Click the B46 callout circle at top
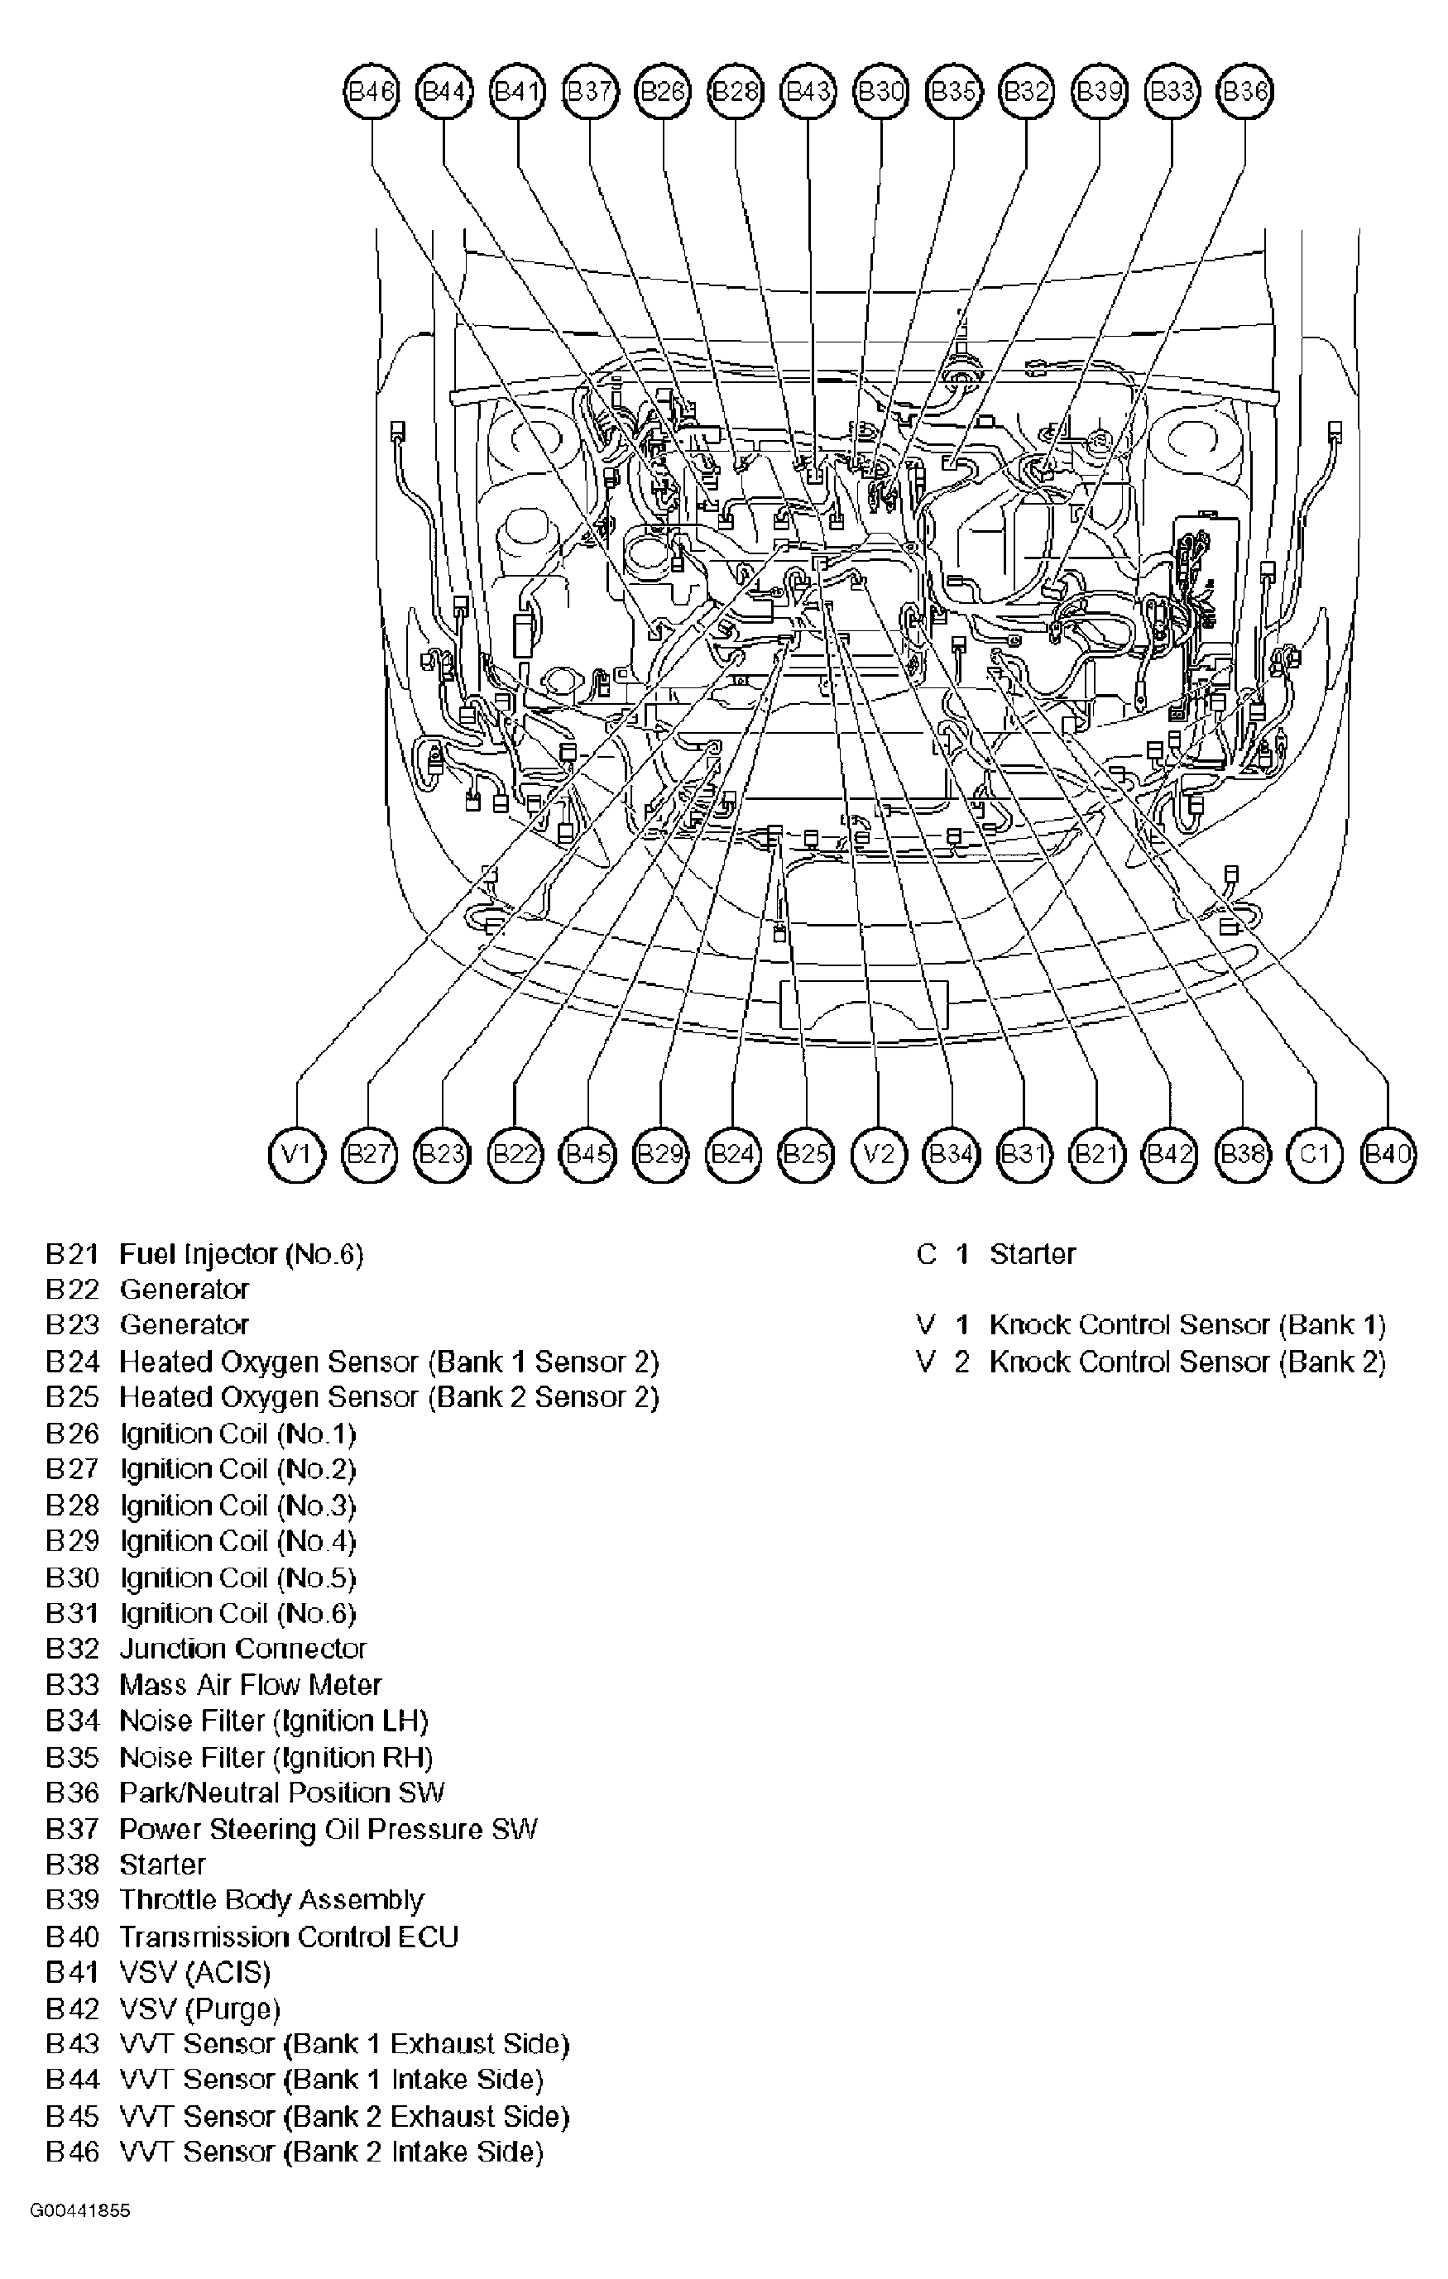[371, 91]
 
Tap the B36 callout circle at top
[1244, 91]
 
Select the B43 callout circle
[808, 91]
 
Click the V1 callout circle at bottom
[297, 1154]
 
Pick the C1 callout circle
[1316, 1154]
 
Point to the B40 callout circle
[1388, 1154]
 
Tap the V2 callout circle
[880, 1154]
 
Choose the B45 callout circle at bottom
[587, 1154]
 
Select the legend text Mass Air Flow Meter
[250, 1685]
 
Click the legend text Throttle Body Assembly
[271, 1900]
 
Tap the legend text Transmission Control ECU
[289, 1937]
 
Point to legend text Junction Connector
[242, 1649]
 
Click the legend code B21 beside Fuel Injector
[72, 1254]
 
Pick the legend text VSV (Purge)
[199, 2008]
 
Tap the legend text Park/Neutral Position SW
[281, 1793]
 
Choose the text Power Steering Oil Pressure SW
[328, 1828]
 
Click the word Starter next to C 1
[1033, 1254]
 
